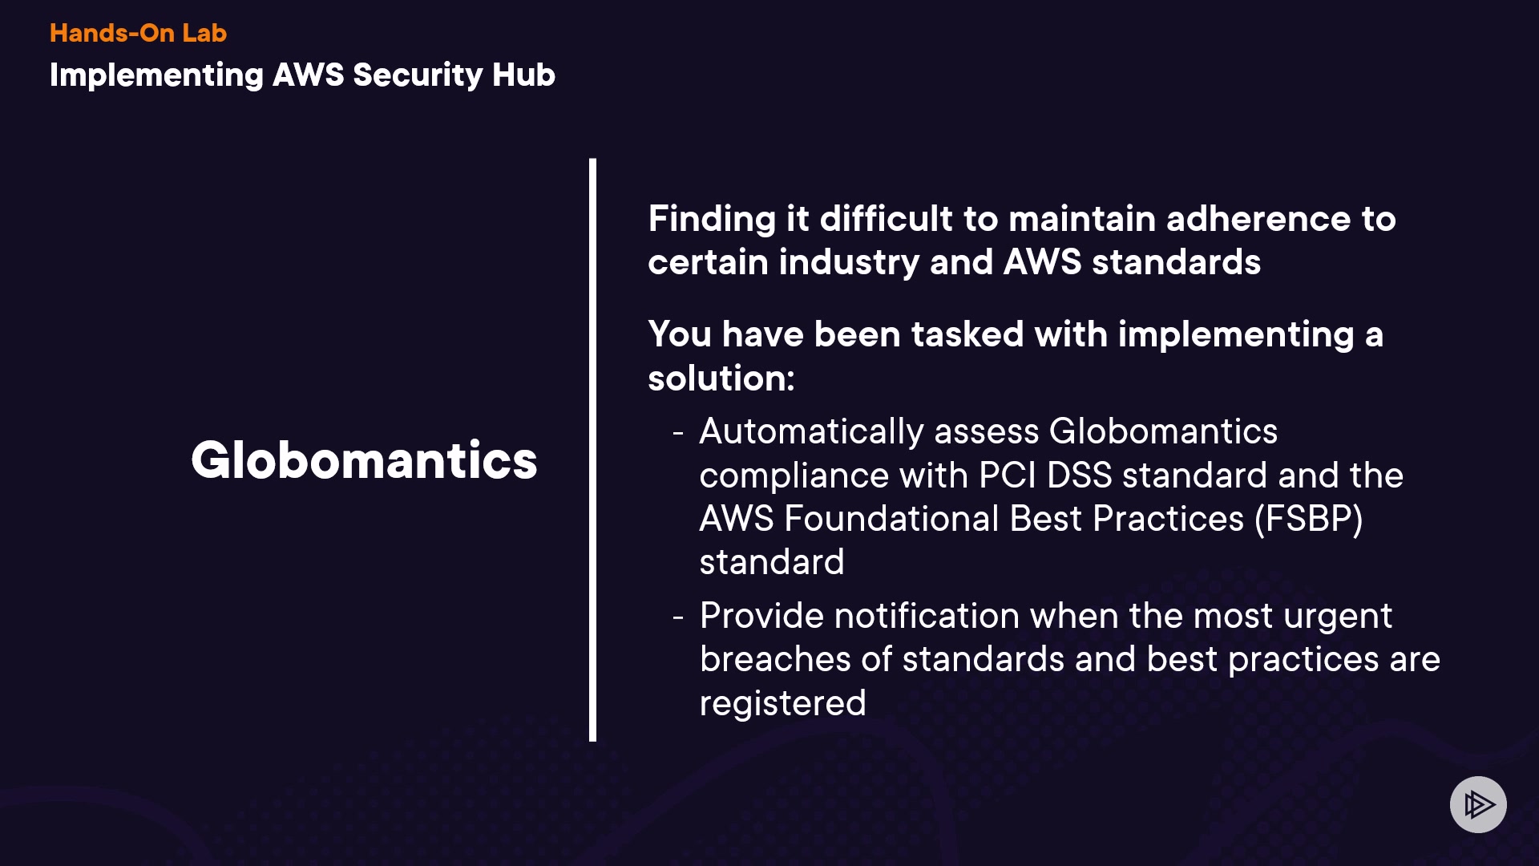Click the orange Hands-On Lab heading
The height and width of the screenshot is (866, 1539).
point(138,33)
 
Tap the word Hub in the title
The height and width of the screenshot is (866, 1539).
point(523,75)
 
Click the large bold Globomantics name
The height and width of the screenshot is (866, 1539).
point(364,460)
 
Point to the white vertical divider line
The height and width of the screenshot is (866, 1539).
point(592,450)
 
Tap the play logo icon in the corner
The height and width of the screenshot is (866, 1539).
point(1478,804)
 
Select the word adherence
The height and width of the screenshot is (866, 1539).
point(1258,219)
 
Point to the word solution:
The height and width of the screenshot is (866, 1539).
point(721,378)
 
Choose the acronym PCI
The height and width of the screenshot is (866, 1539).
point(1008,475)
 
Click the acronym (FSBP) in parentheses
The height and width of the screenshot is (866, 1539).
point(1309,520)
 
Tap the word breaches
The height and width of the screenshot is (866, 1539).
point(775,659)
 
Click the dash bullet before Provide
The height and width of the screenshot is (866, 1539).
point(678,617)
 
